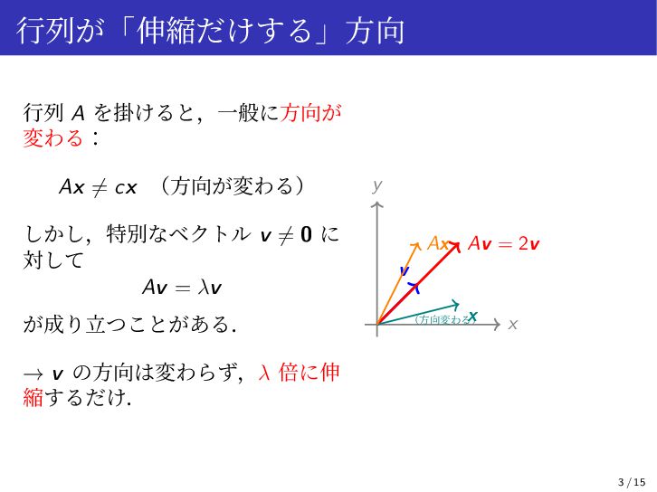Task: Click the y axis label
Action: coord(377,185)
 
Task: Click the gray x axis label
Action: coord(512,325)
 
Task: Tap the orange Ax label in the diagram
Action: coord(438,243)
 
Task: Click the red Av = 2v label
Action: coord(503,243)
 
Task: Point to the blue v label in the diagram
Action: coord(404,270)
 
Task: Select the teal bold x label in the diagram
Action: coord(472,317)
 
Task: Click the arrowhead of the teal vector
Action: coord(456,305)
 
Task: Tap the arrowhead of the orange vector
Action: coord(416,246)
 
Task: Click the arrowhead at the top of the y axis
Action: coord(377,204)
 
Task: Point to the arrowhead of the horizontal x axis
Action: coord(498,325)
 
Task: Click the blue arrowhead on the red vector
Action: coord(414,288)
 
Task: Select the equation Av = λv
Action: coord(182,288)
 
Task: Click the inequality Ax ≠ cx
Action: coord(98,187)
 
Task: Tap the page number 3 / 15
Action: coord(632,482)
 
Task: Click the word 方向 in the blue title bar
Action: coord(375,31)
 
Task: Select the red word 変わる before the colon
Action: coord(53,138)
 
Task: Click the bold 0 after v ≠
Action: coord(306,234)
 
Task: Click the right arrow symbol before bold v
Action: coord(33,374)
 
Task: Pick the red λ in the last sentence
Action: coord(264,373)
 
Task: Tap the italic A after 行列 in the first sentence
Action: coord(79,113)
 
